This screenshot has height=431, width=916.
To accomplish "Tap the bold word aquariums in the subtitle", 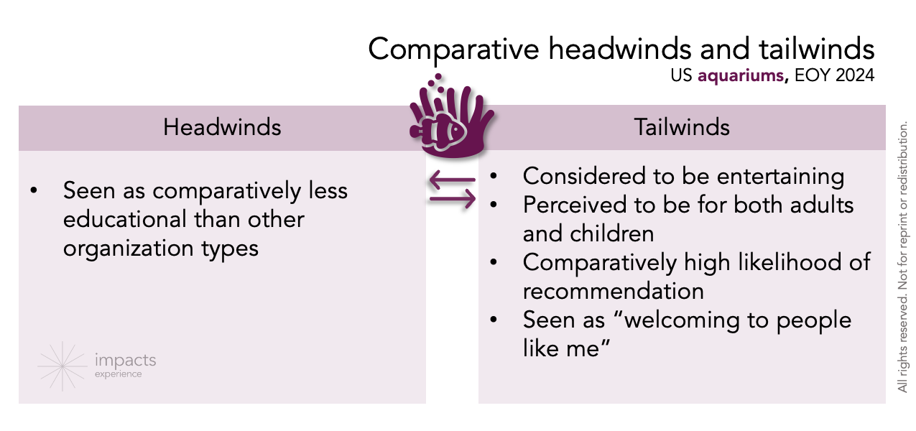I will pyautogui.click(x=740, y=75).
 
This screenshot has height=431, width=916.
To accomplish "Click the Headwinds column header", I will pyautogui.click(x=222, y=127).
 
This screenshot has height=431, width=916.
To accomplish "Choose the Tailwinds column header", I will pyautogui.click(x=682, y=127).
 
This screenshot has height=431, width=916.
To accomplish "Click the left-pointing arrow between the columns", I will pyautogui.click(x=452, y=180).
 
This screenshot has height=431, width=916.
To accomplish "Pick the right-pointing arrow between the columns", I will pyautogui.click(x=453, y=198).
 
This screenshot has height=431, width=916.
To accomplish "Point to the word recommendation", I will pyautogui.click(x=613, y=291).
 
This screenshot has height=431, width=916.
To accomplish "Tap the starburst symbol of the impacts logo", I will pyautogui.click(x=62, y=366).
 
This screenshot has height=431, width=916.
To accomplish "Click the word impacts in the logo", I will pyautogui.click(x=125, y=361).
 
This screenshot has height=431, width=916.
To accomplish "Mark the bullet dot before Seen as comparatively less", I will pyautogui.click(x=34, y=191).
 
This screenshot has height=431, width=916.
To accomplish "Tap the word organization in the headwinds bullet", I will pyautogui.click(x=125, y=248).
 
